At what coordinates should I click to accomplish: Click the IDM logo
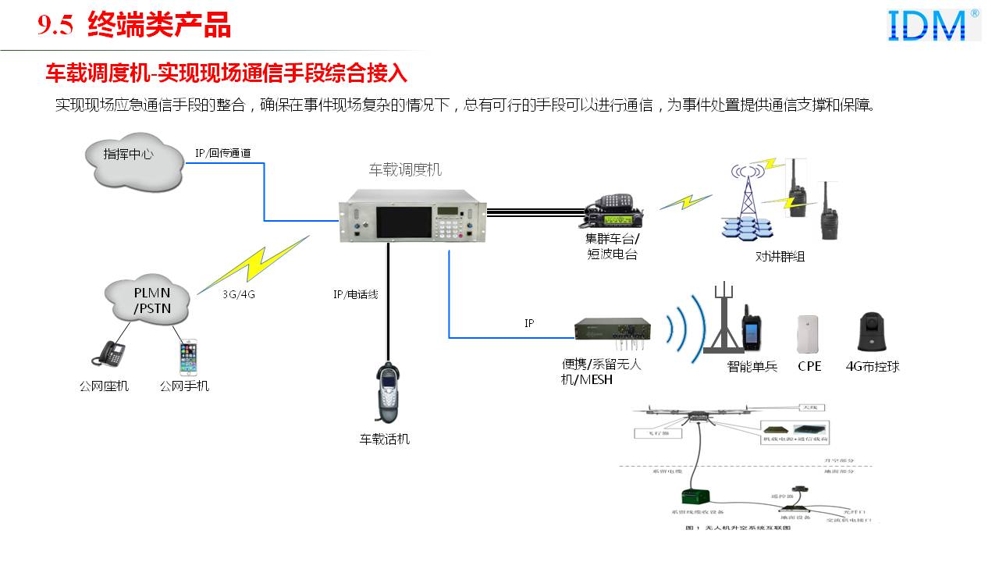coord(933,25)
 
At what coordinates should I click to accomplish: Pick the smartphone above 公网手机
coord(187,357)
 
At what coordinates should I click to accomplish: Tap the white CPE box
coord(808,334)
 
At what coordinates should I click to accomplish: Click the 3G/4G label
coord(237,294)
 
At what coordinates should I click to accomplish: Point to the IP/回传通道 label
coord(222,154)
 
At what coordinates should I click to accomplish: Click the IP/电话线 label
coord(355,294)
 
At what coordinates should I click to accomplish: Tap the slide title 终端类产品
coord(159,26)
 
